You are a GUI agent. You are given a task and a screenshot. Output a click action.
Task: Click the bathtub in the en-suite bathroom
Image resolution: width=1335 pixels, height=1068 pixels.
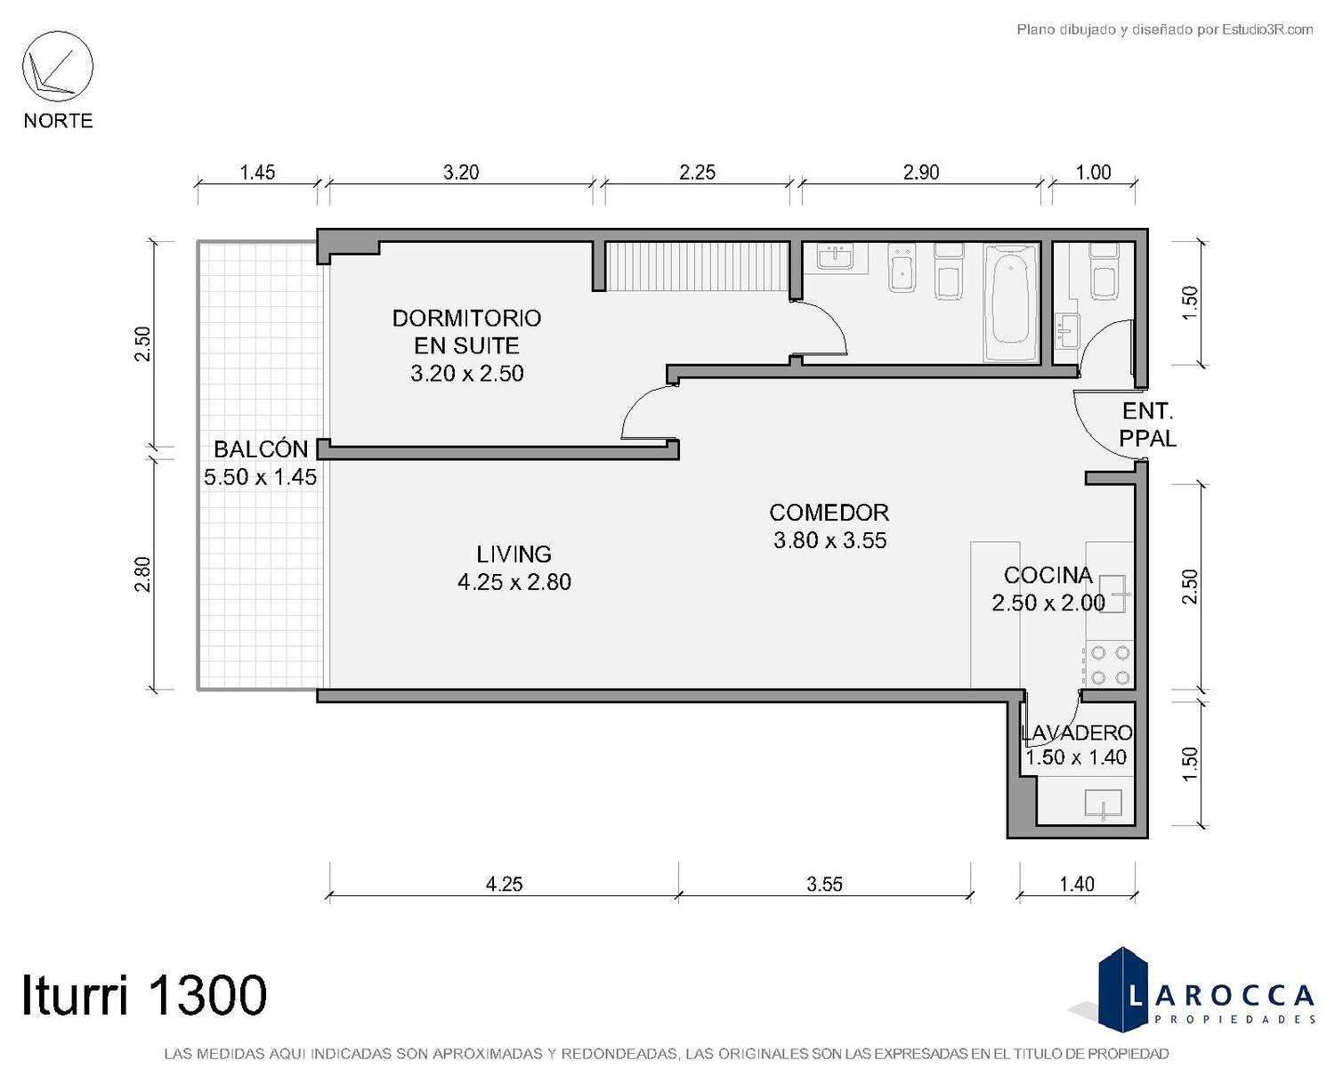1011,303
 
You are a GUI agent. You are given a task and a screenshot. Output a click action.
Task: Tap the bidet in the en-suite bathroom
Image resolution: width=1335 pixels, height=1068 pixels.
902,268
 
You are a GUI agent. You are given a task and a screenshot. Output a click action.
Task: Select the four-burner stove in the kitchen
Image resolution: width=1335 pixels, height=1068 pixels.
1109,665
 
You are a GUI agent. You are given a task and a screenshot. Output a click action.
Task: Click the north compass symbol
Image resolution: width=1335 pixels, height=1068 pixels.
58,67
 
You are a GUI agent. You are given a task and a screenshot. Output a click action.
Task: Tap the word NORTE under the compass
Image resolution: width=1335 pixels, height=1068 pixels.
59,120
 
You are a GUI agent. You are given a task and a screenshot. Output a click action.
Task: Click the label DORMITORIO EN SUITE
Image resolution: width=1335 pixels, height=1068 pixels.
466,332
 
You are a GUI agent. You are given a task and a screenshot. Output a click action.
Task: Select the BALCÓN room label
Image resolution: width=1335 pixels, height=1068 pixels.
261,449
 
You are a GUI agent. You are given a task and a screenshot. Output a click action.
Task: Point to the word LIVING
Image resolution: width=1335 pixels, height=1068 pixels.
514,554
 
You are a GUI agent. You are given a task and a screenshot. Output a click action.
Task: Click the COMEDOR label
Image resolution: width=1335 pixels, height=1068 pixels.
829,513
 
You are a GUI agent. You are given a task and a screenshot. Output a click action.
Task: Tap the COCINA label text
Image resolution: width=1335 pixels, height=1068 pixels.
1048,575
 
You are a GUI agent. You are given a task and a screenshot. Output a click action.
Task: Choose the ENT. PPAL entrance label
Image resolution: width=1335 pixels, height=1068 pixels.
1147,425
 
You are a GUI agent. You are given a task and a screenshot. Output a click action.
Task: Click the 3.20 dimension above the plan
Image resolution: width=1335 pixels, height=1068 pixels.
461,172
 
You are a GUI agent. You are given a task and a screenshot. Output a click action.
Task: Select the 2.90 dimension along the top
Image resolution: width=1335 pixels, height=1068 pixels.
921,172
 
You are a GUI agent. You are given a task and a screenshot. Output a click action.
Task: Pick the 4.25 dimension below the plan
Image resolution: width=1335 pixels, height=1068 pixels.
504,883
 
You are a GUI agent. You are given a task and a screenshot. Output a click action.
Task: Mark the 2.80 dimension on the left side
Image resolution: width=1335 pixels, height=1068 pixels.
143,575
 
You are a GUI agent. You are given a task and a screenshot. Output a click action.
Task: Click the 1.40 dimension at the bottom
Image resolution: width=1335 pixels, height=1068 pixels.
1077,883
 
